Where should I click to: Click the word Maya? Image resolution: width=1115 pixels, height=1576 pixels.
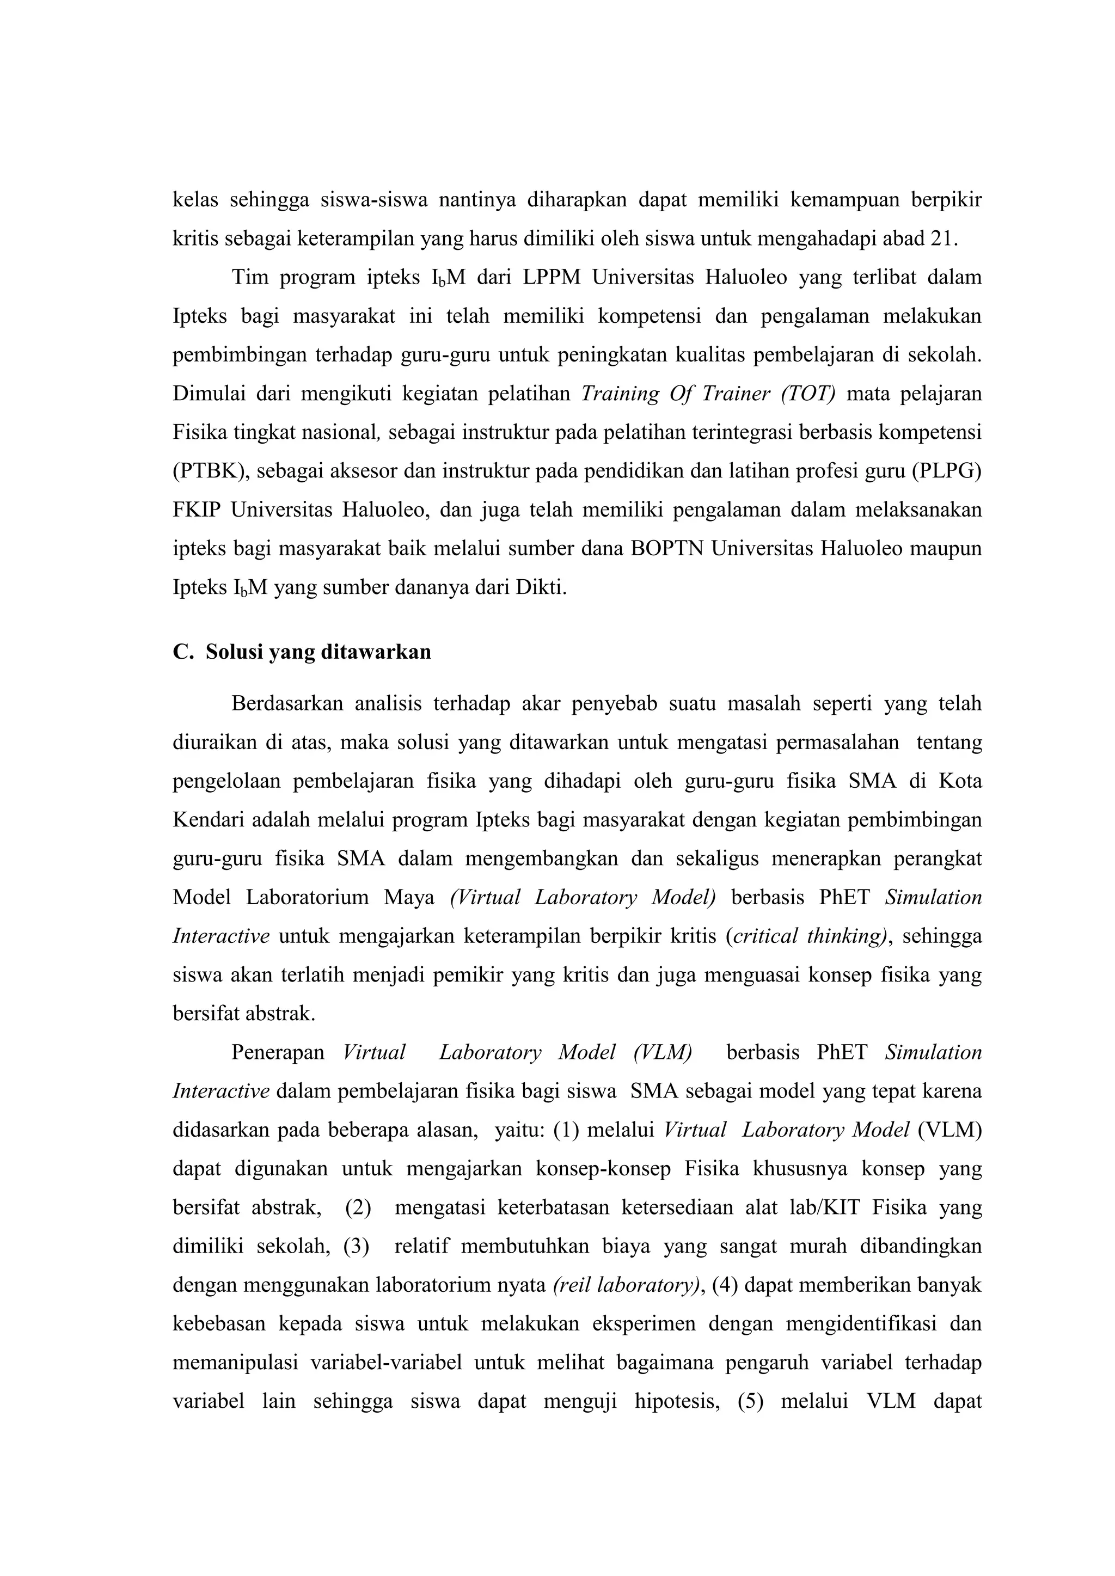tap(409, 898)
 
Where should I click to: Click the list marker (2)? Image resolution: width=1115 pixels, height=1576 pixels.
tap(358, 1207)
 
